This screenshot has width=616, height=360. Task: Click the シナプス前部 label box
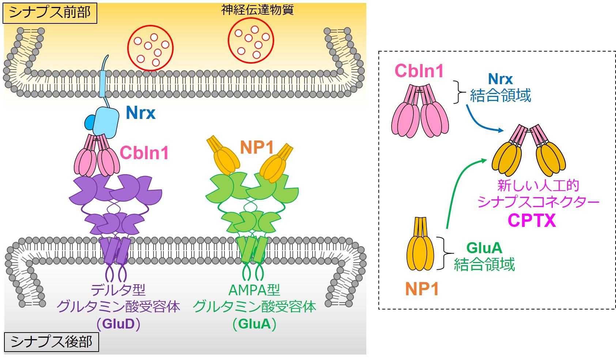(x=50, y=13)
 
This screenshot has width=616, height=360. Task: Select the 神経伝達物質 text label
(x=257, y=10)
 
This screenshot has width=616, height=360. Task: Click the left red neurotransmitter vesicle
(x=150, y=48)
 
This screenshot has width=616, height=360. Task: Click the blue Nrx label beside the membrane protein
(x=141, y=113)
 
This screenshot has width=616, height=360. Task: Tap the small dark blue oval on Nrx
(x=91, y=123)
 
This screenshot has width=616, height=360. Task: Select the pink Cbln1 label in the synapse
(x=144, y=153)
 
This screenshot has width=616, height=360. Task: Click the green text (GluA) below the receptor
(x=254, y=324)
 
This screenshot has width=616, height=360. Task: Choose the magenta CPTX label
(x=532, y=221)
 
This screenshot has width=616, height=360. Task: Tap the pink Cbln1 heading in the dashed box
(x=419, y=71)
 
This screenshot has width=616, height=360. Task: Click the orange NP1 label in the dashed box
(x=422, y=289)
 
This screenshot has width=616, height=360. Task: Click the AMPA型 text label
(x=254, y=290)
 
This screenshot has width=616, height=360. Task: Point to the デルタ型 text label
(x=118, y=290)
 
